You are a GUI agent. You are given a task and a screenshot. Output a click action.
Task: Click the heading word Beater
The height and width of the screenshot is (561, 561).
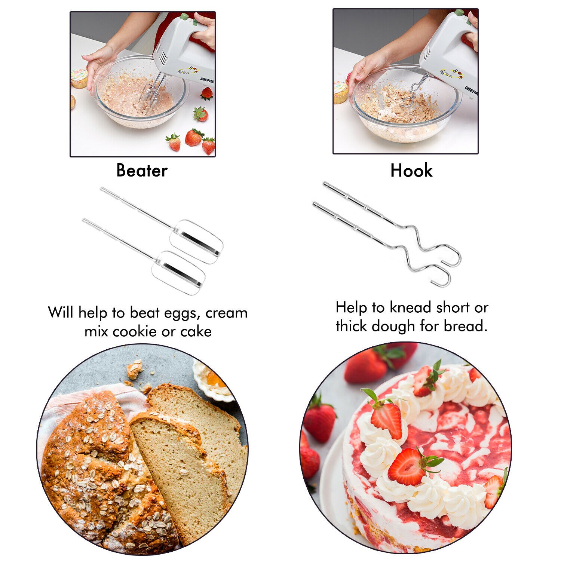click(142, 171)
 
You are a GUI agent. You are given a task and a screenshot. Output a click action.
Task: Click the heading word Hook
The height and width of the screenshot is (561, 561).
click(411, 171)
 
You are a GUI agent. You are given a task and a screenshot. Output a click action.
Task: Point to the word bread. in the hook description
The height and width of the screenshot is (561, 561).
click(466, 326)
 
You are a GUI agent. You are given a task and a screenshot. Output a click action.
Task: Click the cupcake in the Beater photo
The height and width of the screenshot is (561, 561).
click(79, 78)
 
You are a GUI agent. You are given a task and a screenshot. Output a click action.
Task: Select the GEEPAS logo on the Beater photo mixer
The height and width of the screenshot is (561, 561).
click(207, 80)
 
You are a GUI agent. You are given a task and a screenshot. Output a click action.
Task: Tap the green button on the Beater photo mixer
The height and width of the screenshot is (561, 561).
click(184, 17)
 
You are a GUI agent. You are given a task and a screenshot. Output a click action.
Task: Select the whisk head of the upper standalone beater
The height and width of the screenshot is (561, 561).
click(196, 242)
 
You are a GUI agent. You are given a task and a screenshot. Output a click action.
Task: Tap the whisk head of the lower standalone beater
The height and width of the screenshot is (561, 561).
click(178, 273)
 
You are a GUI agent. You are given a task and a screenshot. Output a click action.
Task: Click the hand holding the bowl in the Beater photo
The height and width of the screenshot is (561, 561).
click(99, 67)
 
